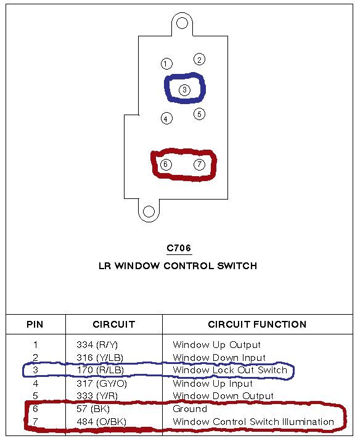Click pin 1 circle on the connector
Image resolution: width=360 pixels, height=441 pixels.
[x=166, y=63]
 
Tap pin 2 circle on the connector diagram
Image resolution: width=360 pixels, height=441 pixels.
[x=199, y=59]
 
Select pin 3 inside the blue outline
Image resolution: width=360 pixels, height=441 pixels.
[x=185, y=90]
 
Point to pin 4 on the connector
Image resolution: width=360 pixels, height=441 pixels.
[x=166, y=118]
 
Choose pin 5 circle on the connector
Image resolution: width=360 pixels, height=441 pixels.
[x=199, y=114]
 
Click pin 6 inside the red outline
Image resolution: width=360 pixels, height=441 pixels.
[x=166, y=164]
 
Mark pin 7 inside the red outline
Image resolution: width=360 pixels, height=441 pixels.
[x=199, y=164]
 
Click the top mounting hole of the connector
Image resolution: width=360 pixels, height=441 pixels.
[x=182, y=23]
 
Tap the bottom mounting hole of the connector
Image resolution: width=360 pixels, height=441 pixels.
[x=149, y=211]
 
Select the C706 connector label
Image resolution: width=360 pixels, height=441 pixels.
[x=179, y=248]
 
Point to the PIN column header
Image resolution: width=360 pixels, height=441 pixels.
[x=35, y=324]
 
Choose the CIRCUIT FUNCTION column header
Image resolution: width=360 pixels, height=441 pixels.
[x=257, y=324]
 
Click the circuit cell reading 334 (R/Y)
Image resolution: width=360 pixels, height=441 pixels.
[x=97, y=345]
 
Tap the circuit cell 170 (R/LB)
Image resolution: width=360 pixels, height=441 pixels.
[x=100, y=370]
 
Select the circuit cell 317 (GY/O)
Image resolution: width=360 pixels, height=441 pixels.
[x=102, y=383]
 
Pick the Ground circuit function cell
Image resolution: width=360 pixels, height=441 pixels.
[x=190, y=408]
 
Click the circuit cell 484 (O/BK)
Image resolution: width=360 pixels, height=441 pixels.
[x=101, y=421]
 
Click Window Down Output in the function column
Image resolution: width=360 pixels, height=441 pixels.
[x=223, y=396]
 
